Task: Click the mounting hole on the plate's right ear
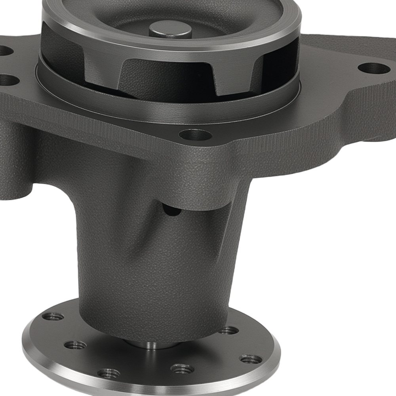pyautogui.click(x=374, y=68)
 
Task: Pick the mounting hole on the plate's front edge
pyautogui.click(x=195, y=135)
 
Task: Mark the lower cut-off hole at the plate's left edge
pyautogui.click(x=8, y=80)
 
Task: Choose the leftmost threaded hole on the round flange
pyautogui.click(x=53, y=316)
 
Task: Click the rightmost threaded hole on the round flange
pyautogui.click(x=251, y=359)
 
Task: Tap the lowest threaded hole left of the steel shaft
pyautogui.click(x=108, y=373)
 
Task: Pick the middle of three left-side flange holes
pyautogui.click(x=75, y=345)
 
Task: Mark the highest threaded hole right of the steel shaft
pyautogui.click(x=228, y=330)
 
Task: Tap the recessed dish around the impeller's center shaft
pyautogui.click(x=119, y=24)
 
